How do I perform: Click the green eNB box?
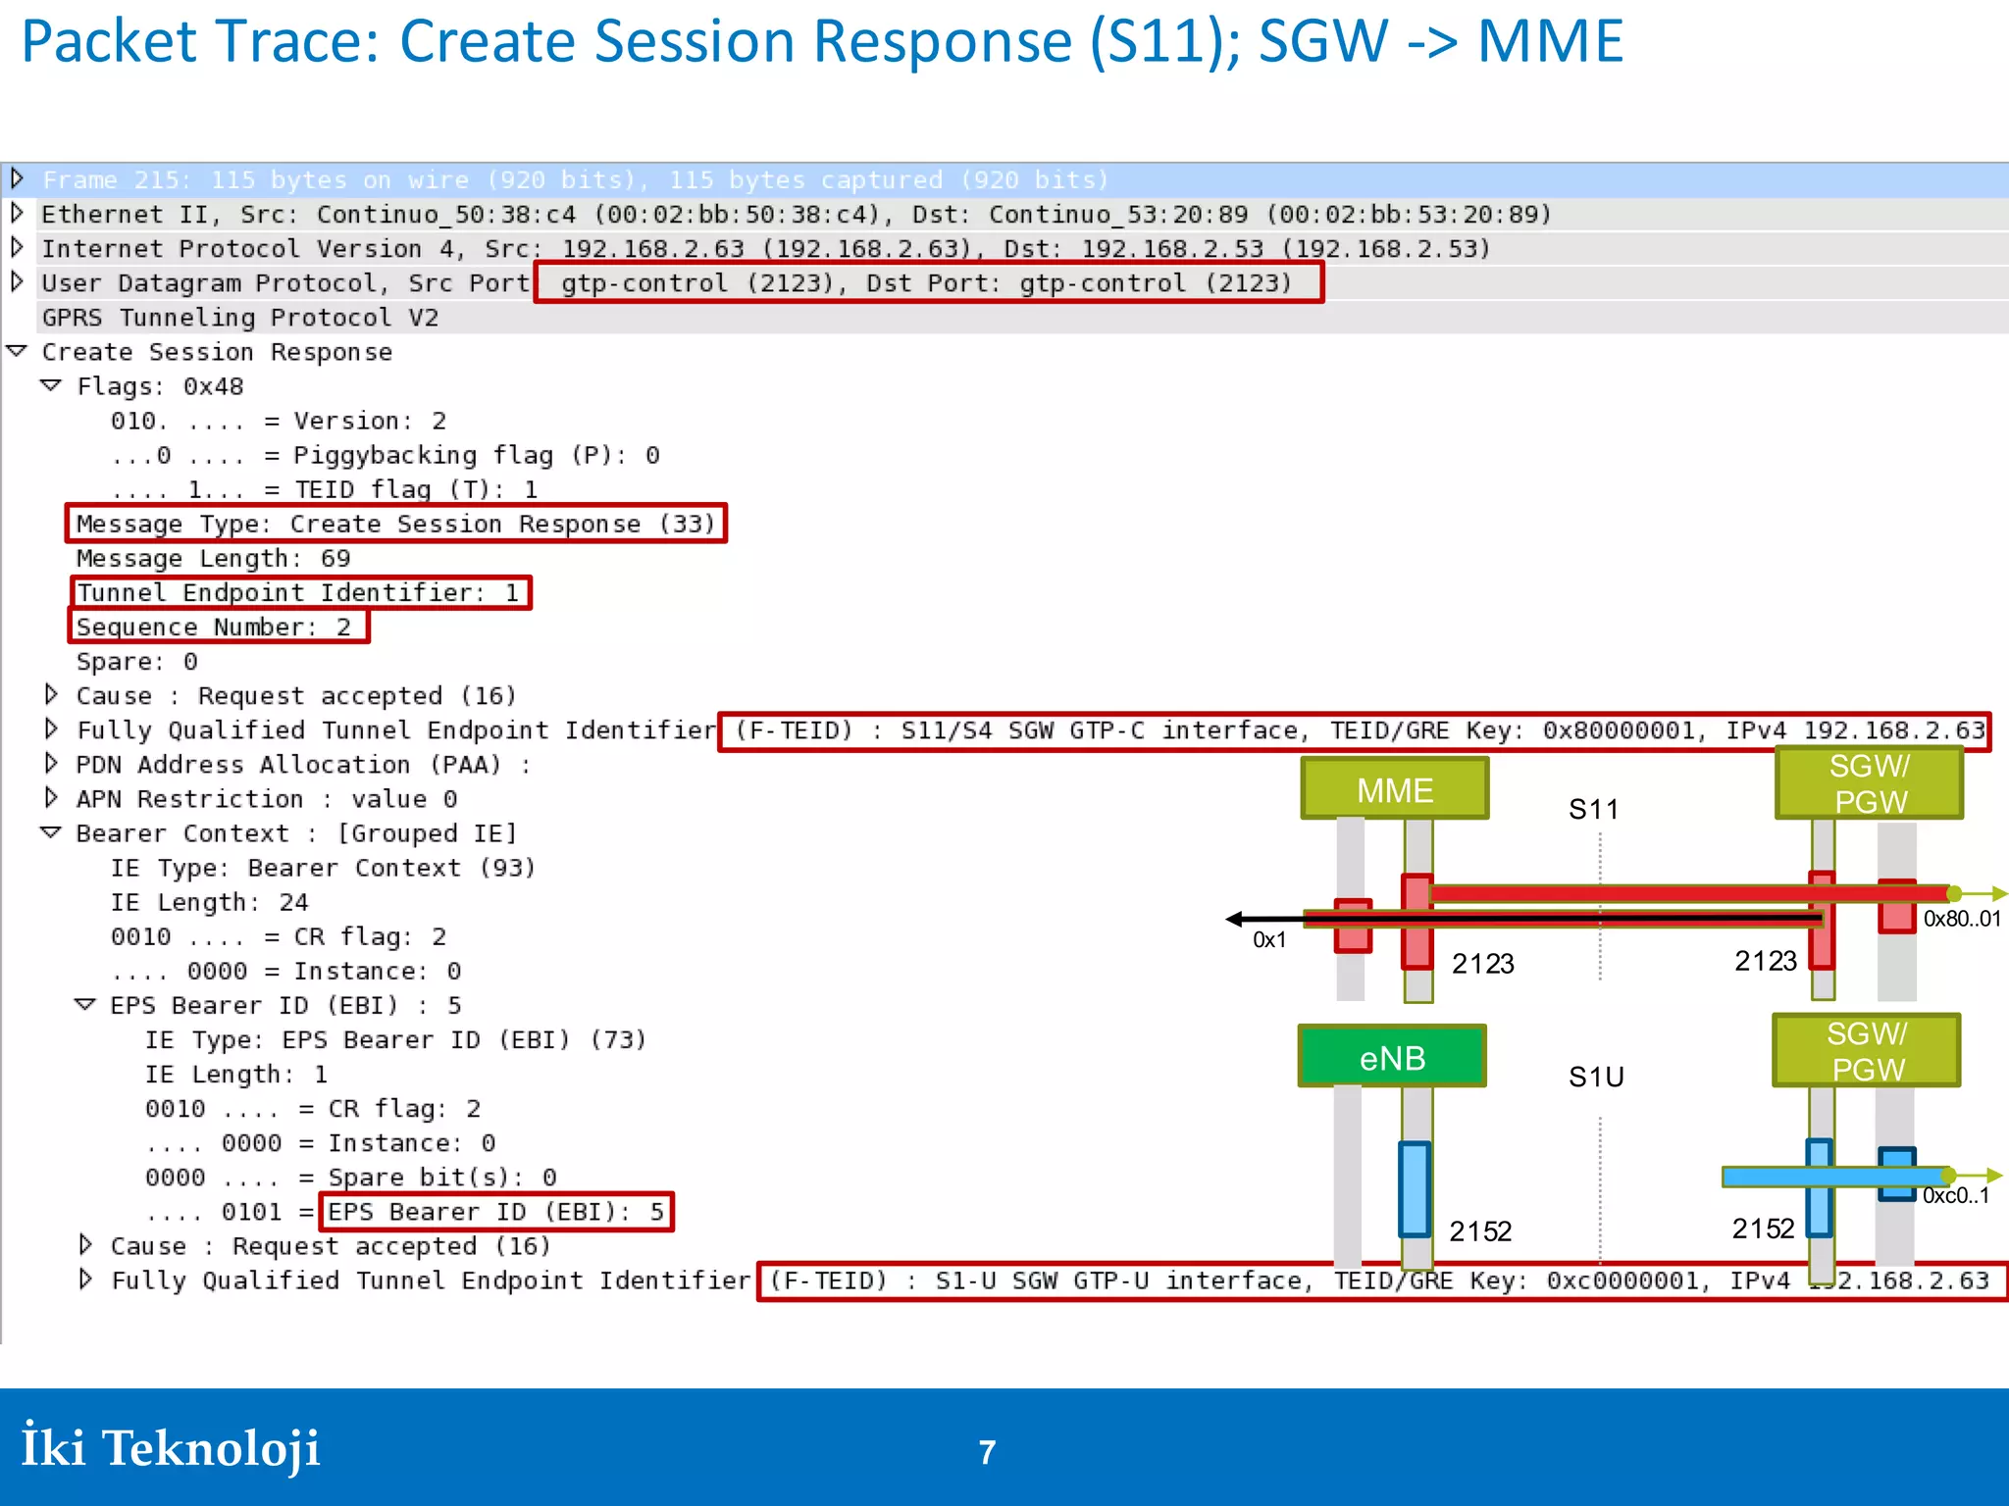tap(1391, 1057)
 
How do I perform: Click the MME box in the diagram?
tap(1394, 789)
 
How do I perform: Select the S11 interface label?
tap(1593, 810)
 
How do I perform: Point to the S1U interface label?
tap(1596, 1078)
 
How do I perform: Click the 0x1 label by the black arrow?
tap(1269, 940)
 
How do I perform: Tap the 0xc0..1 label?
tap(1956, 1196)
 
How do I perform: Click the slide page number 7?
tap(987, 1452)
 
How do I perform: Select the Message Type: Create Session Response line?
tap(396, 525)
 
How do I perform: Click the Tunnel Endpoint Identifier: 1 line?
tap(299, 593)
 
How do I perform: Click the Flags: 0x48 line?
tap(161, 387)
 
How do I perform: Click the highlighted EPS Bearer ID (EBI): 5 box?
tap(496, 1213)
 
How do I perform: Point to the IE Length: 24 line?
tap(210, 903)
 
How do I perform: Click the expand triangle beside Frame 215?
tap(17, 179)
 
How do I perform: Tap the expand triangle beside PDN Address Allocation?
tap(51, 764)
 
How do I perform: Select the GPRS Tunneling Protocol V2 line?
tap(240, 318)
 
